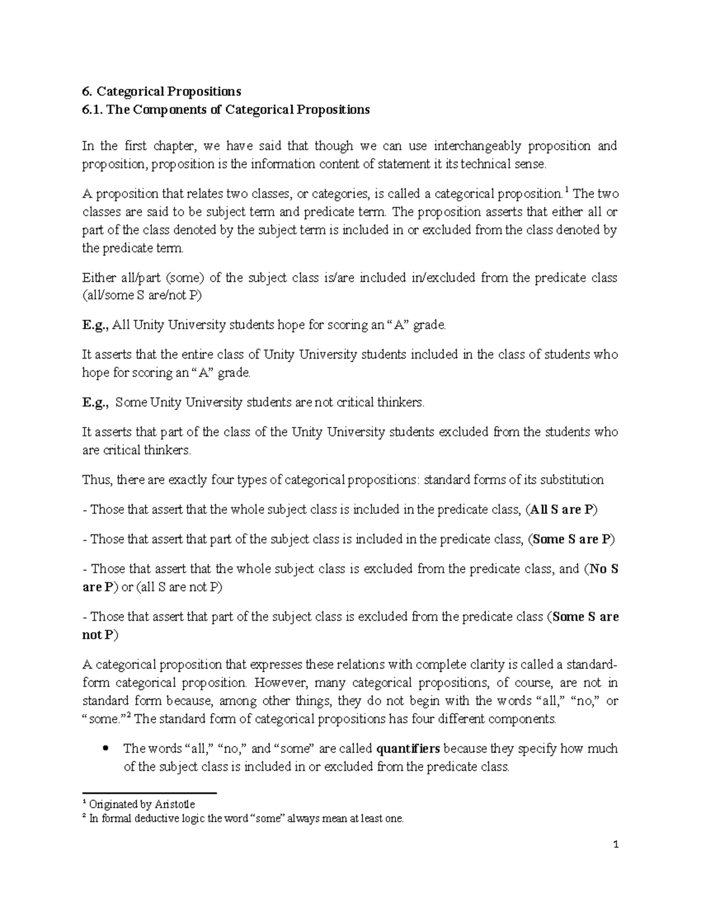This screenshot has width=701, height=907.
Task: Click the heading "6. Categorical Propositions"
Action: (161, 92)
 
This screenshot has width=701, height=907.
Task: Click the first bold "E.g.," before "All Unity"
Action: (94, 325)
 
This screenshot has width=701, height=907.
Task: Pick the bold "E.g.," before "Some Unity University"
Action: (95, 403)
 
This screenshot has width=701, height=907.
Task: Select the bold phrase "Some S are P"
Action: (571, 540)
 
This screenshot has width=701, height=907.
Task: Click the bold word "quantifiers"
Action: (409, 749)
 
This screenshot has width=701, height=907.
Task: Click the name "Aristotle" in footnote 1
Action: (174, 805)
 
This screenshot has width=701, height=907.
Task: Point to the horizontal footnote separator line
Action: (150, 793)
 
